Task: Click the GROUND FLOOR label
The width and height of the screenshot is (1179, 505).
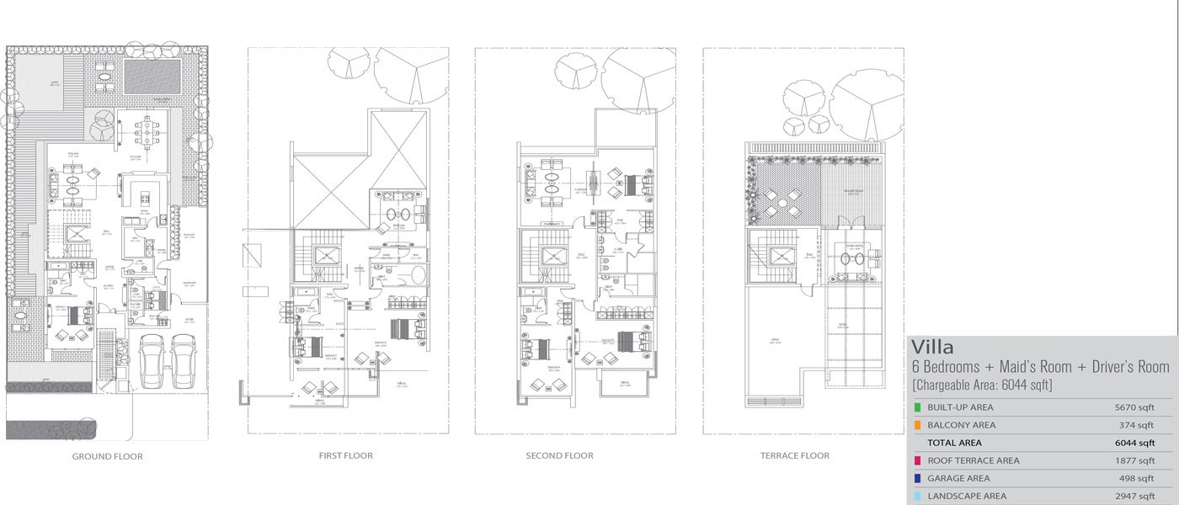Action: point(107,456)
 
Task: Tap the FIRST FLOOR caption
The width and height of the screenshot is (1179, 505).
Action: point(345,455)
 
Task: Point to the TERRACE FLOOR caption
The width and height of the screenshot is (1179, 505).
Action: point(794,455)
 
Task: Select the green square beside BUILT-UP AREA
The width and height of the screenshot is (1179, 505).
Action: point(916,408)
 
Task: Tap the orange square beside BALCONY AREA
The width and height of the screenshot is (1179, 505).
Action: point(916,426)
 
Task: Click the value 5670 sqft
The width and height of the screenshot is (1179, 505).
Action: point(1134,408)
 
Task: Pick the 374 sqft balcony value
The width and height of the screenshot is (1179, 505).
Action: point(1137,426)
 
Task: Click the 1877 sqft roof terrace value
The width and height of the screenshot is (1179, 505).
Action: point(1134,461)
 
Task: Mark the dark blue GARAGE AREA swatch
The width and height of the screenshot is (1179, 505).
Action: point(916,479)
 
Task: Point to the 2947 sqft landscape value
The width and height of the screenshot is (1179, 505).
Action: point(1134,497)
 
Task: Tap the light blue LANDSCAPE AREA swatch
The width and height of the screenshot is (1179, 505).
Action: point(916,497)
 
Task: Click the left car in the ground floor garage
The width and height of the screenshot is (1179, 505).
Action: point(152,360)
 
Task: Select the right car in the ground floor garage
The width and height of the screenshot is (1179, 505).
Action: point(183,360)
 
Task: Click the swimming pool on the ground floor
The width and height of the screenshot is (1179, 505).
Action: point(152,77)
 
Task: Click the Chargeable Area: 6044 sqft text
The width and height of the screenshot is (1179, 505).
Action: point(982,385)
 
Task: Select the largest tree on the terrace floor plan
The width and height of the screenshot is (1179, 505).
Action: point(867,104)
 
